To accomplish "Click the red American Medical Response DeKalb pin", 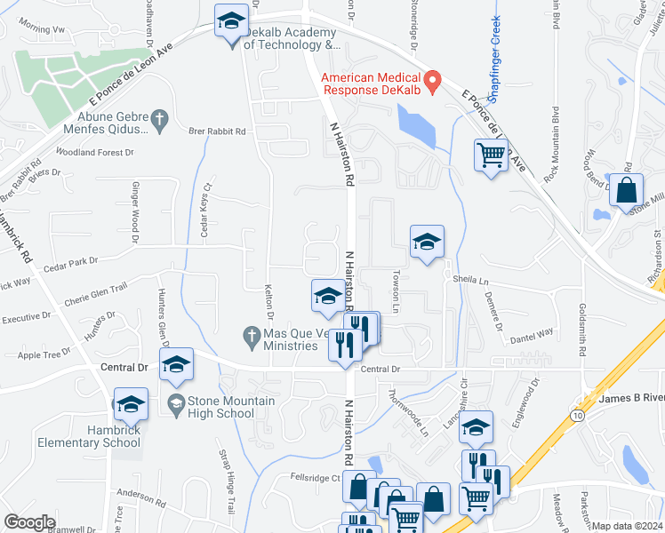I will [433, 82].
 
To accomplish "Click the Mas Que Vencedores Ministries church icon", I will [252, 335].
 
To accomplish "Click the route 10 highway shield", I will [579, 415].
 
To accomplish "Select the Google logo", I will [29, 522].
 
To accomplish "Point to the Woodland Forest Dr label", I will [94, 152].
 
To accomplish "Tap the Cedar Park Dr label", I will [68, 261].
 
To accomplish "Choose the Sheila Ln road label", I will [471, 280].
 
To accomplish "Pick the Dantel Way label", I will [532, 333].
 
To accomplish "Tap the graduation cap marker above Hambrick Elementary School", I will [131, 404].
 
